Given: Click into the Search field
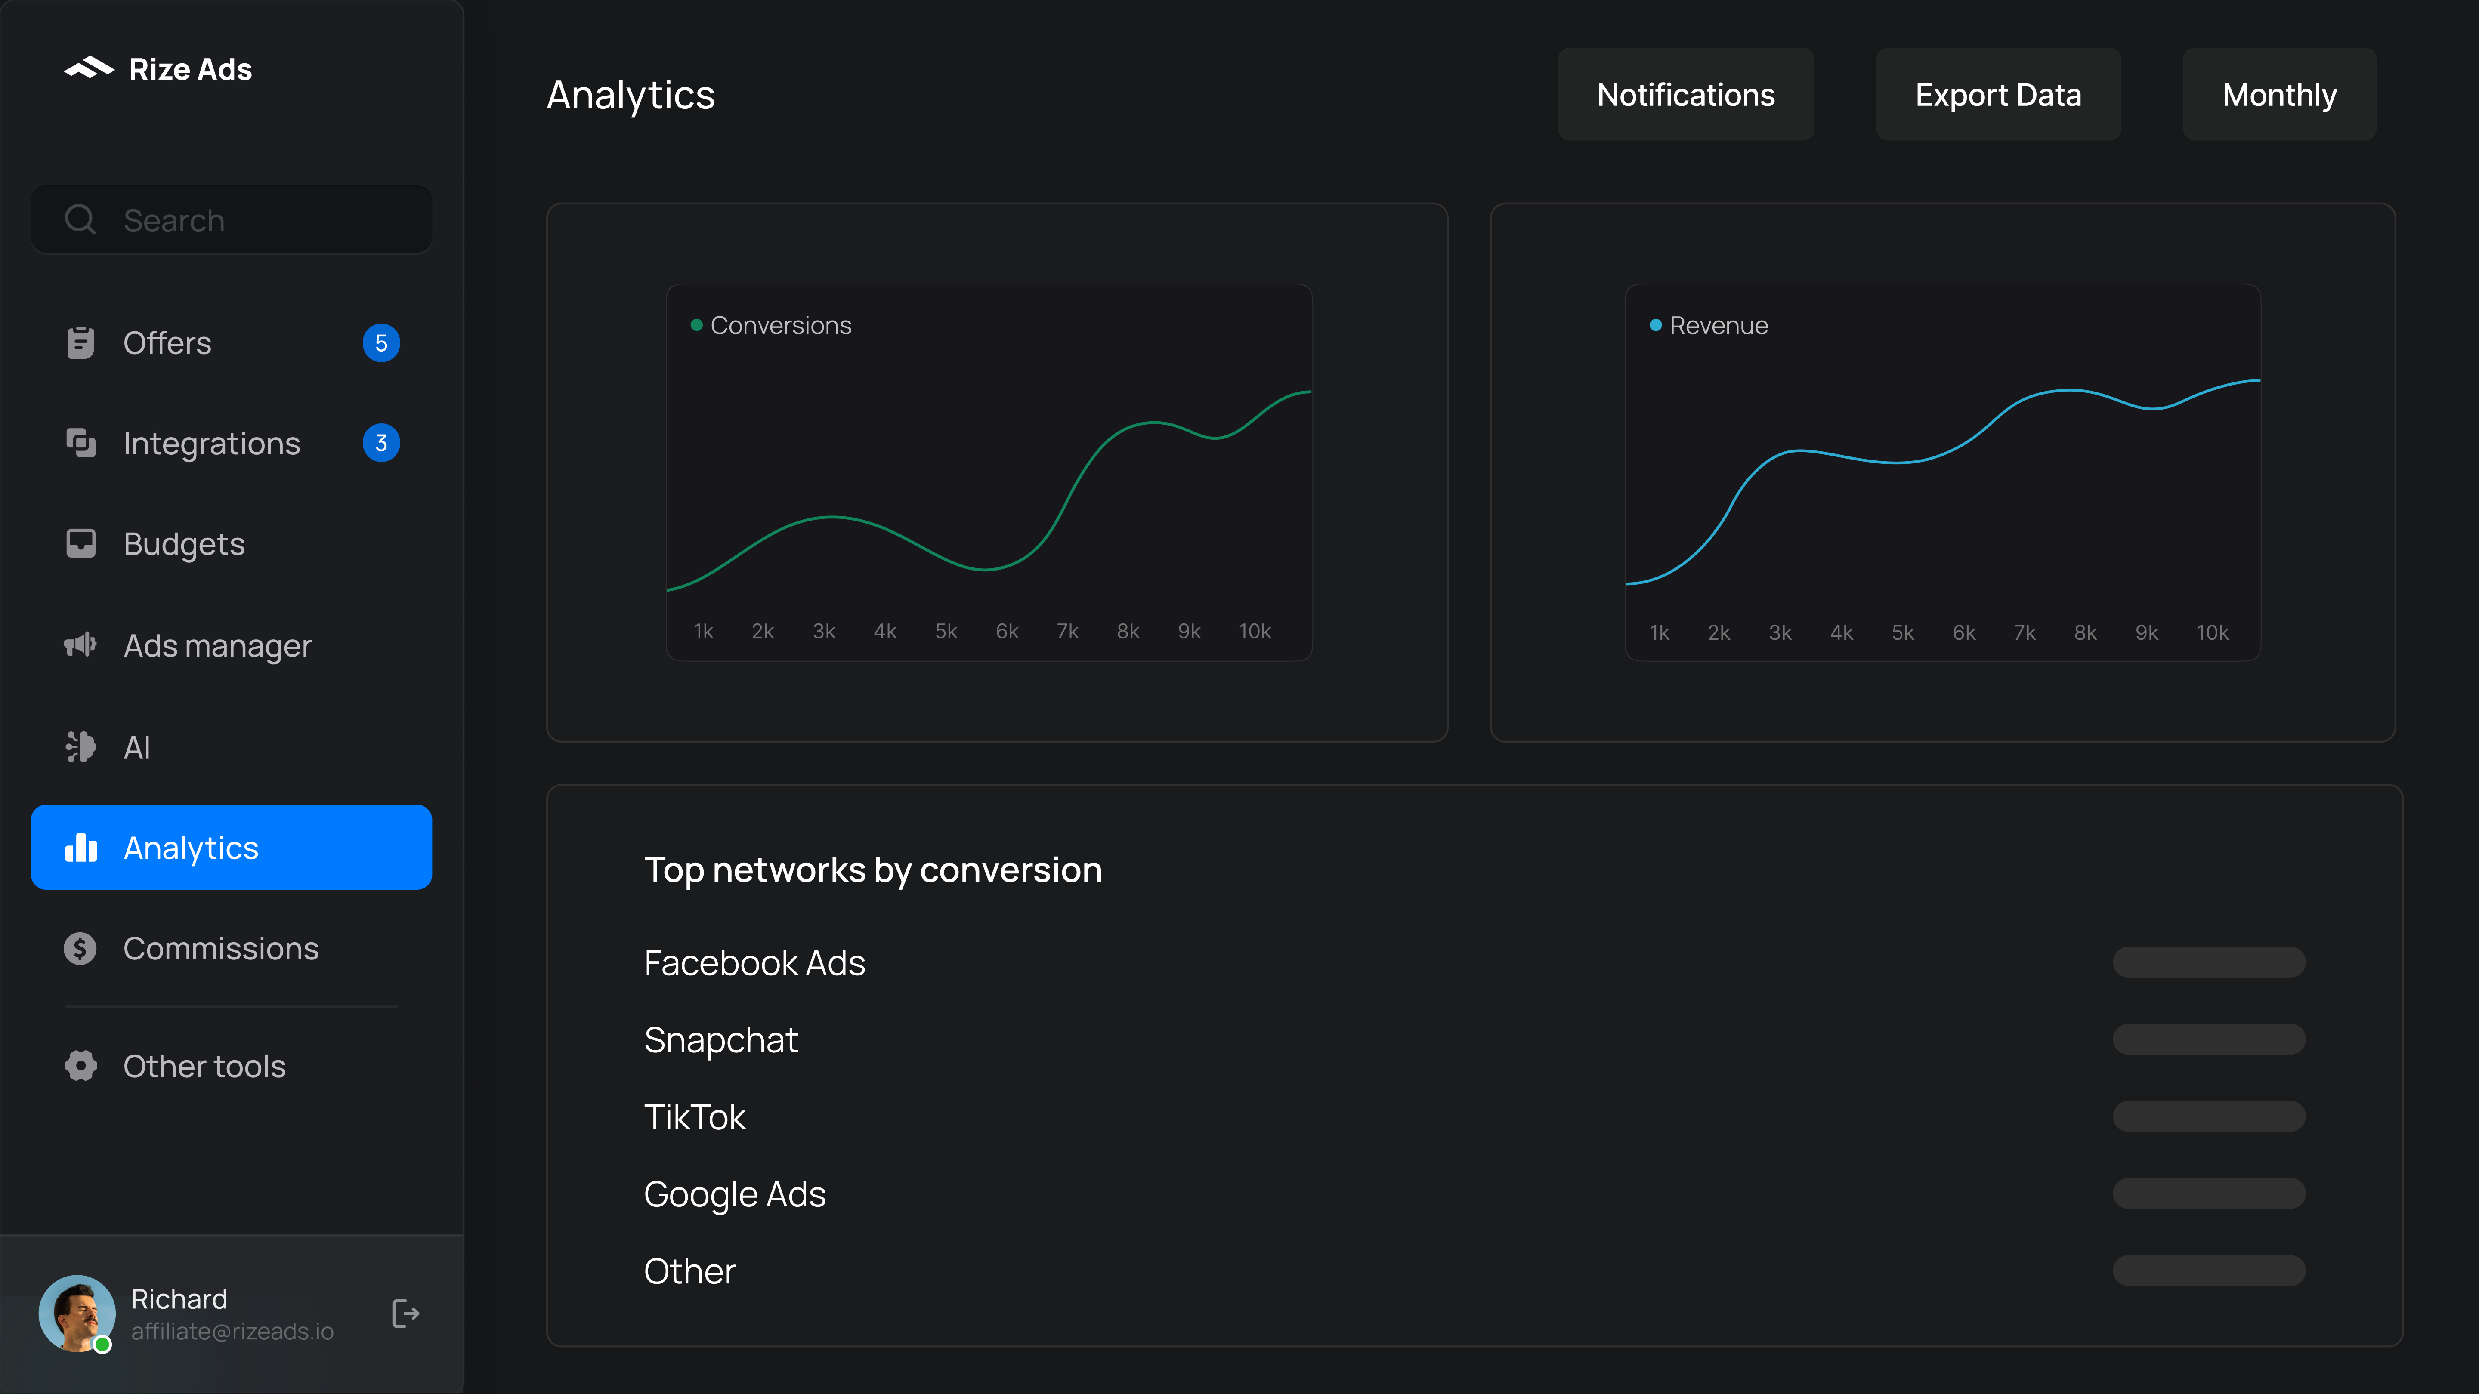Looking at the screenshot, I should [x=231, y=220].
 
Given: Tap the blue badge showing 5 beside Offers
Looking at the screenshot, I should [x=381, y=343].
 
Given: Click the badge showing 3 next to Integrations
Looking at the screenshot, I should [x=381, y=444].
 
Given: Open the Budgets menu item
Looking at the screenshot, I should [x=184, y=545].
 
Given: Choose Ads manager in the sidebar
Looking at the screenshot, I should [x=217, y=645].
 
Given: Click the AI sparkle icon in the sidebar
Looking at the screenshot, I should [x=81, y=746].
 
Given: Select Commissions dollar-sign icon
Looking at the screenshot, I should [x=81, y=949].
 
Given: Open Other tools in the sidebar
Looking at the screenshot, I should [x=204, y=1066].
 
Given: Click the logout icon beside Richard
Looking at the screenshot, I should [x=405, y=1313].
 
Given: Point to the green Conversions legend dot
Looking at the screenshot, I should [x=696, y=325].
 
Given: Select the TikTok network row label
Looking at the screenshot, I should [x=694, y=1117].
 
